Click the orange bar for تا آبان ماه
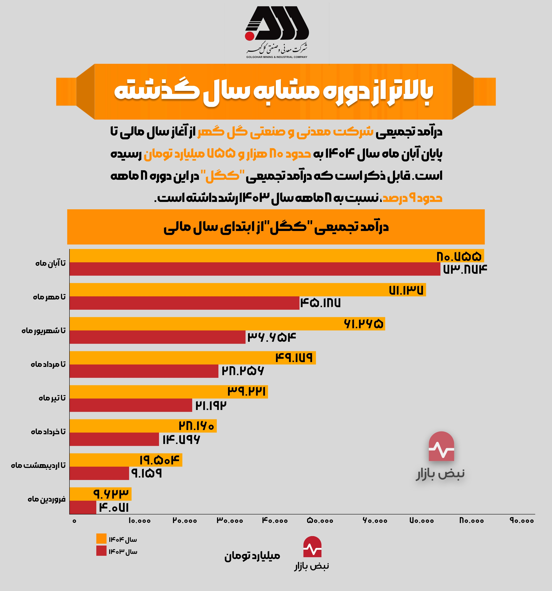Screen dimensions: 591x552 click(x=277, y=256)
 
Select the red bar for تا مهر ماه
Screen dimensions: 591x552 click(x=184, y=303)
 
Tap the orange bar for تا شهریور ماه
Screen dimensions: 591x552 click(x=227, y=324)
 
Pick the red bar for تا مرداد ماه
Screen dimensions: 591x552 click(x=144, y=371)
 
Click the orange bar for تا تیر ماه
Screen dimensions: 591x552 click(x=169, y=392)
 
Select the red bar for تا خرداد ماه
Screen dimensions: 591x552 click(x=114, y=439)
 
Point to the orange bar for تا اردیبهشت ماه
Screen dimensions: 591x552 click(x=126, y=460)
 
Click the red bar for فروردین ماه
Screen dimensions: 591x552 click(x=83, y=507)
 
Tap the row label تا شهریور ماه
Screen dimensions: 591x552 click(x=43, y=331)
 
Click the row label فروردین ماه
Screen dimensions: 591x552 click(x=47, y=499)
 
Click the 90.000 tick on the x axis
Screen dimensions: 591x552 click(x=522, y=521)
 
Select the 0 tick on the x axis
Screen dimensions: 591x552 click(x=74, y=521)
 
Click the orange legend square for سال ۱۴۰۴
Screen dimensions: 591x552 click(x=101, y=539)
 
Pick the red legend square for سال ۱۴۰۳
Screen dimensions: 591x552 click(x=101, y=551)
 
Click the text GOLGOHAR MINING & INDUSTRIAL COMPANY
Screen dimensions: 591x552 click(x=277, y=57)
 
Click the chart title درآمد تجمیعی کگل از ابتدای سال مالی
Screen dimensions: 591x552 click(x=276, y=227)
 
